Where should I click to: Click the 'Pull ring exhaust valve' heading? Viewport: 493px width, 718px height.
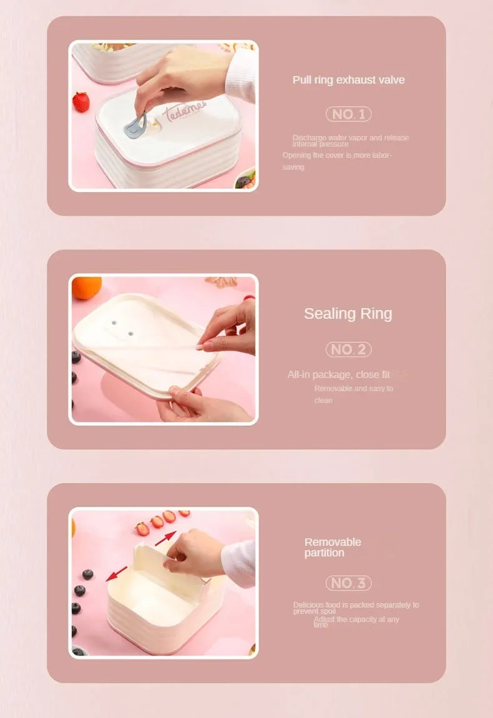[x=348, y=80]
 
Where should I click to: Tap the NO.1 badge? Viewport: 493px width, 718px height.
[x=348, y=114]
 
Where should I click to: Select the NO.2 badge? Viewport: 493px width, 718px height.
[x=348, y=350]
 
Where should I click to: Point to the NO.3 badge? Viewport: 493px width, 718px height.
[x=348, y=583]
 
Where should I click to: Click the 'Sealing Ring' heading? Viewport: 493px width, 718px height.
[x=348, y=314]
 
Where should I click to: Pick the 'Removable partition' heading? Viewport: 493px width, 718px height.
[x=333, y=547]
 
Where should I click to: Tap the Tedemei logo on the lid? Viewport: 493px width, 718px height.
[x=184, y=113]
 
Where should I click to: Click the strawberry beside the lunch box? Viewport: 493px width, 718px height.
[x=81, y=102]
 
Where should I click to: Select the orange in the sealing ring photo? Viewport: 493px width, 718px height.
[x=87, y=288]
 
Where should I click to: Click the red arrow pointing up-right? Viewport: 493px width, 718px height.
[x=165, y=537]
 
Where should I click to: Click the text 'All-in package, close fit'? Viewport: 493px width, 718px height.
[x=338, y=375]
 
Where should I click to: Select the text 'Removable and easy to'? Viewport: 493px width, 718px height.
[x=354, y=389]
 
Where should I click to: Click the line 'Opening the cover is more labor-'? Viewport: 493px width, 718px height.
[x=337, y=155]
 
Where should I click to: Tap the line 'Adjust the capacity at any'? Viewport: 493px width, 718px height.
[x=356, y=619]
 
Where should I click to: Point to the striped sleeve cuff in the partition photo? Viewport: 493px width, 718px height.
[x=240, y=563]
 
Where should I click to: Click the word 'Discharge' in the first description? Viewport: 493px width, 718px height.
[x=309, y=138]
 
